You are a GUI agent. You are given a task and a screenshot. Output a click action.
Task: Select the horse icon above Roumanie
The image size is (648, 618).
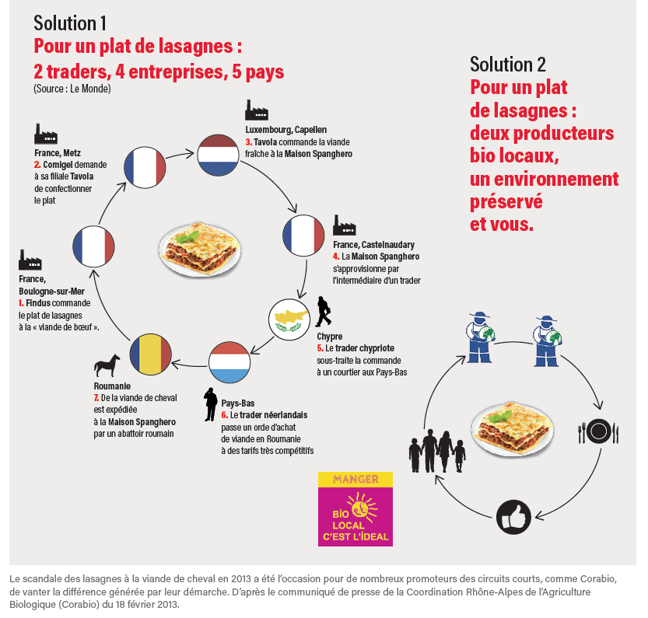(x=107, y=365)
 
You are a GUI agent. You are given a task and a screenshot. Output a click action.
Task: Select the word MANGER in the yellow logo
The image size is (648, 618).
(x=356, y=480)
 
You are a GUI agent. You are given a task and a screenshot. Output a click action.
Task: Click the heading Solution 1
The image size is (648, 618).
(x=71, y=22)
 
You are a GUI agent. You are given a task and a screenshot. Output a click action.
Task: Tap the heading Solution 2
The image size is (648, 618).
(x=507, y=64)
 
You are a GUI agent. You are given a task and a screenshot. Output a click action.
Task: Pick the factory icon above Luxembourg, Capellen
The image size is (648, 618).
(x=257, y=110)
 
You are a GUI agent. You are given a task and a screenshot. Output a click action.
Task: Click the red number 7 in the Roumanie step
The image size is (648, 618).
(x=95, y=397)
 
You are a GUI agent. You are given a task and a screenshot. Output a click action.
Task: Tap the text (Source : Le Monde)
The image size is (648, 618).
(x=72, y=89)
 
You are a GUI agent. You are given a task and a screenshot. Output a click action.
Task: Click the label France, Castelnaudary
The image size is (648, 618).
(x=373, y=245)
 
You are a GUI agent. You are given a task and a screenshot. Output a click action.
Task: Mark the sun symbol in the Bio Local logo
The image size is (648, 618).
(x=360, y=508)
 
